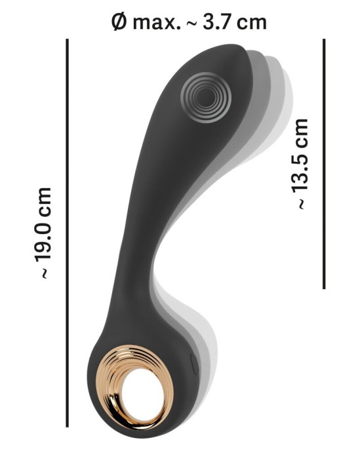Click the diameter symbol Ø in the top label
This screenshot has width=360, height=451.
pos(119,22)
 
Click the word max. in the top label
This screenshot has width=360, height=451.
pos(157,23)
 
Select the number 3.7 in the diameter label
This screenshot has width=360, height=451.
pos(216,22)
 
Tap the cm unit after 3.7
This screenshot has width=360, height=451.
pos(252,24)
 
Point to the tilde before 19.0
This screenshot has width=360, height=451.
pos(44,273)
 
